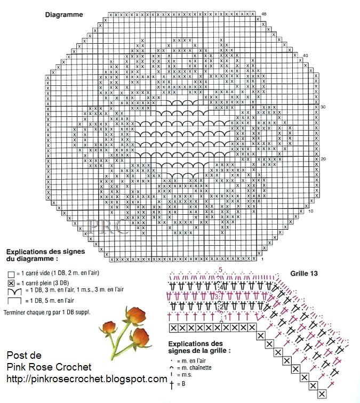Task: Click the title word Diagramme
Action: coord(63,14)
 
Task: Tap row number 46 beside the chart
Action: coord(264,13)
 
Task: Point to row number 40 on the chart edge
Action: coord(305,55)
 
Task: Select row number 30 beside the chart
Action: coord(323,107)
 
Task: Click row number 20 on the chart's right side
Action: coord(323,159)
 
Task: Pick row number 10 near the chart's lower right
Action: coord(311,211)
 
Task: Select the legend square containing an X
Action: coord(11,283)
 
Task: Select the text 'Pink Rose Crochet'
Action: coord(49,367)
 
